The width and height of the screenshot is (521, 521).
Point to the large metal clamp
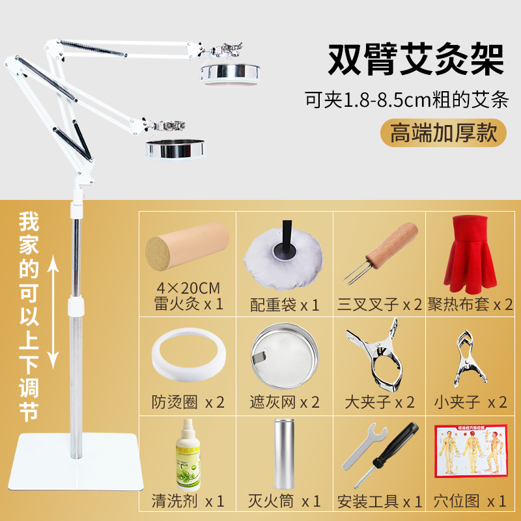point(381,355)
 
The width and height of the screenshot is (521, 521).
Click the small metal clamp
point(470,357)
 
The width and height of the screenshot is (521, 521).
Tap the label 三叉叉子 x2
point(380,305)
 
